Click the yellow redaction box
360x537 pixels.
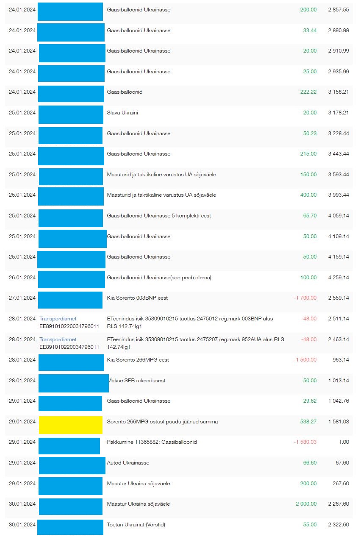(x=71, y=425)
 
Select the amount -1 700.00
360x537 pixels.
(x=305, y=298)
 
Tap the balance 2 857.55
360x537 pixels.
(x=338, y=9)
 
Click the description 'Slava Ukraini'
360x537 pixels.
(x=122, y=113)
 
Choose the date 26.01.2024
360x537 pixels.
(x=22, y=278)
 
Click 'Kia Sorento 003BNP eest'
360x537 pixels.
(x=137, y=298)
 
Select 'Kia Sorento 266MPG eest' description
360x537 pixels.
(x=138, y=360)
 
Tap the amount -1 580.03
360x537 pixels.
(x=305, y=442)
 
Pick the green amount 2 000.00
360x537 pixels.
(x=306, y=504)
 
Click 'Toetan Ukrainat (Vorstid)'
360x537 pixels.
(x=136, y=525)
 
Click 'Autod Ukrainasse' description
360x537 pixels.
(x=128, y=463)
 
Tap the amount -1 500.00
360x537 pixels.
(x=305, y=360)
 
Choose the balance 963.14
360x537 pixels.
(x=341, y=360)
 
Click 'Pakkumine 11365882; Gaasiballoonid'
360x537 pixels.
(x=152, y=442)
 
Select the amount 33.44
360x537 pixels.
(x=310, y=31)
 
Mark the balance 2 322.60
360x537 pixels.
(x=338, y=525)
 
